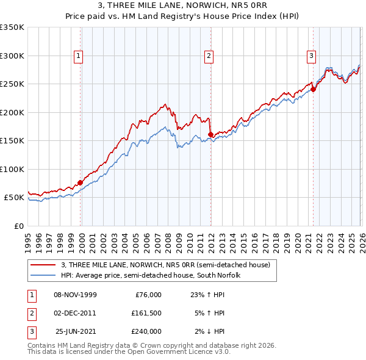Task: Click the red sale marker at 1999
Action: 81,182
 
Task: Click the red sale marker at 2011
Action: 210,134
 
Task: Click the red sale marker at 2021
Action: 314,89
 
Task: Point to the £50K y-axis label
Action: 14,198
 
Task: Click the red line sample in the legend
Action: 43,265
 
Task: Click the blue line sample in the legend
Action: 43,275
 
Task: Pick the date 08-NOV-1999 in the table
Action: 75,295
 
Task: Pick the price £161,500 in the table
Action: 146,313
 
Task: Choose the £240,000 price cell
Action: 146,331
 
